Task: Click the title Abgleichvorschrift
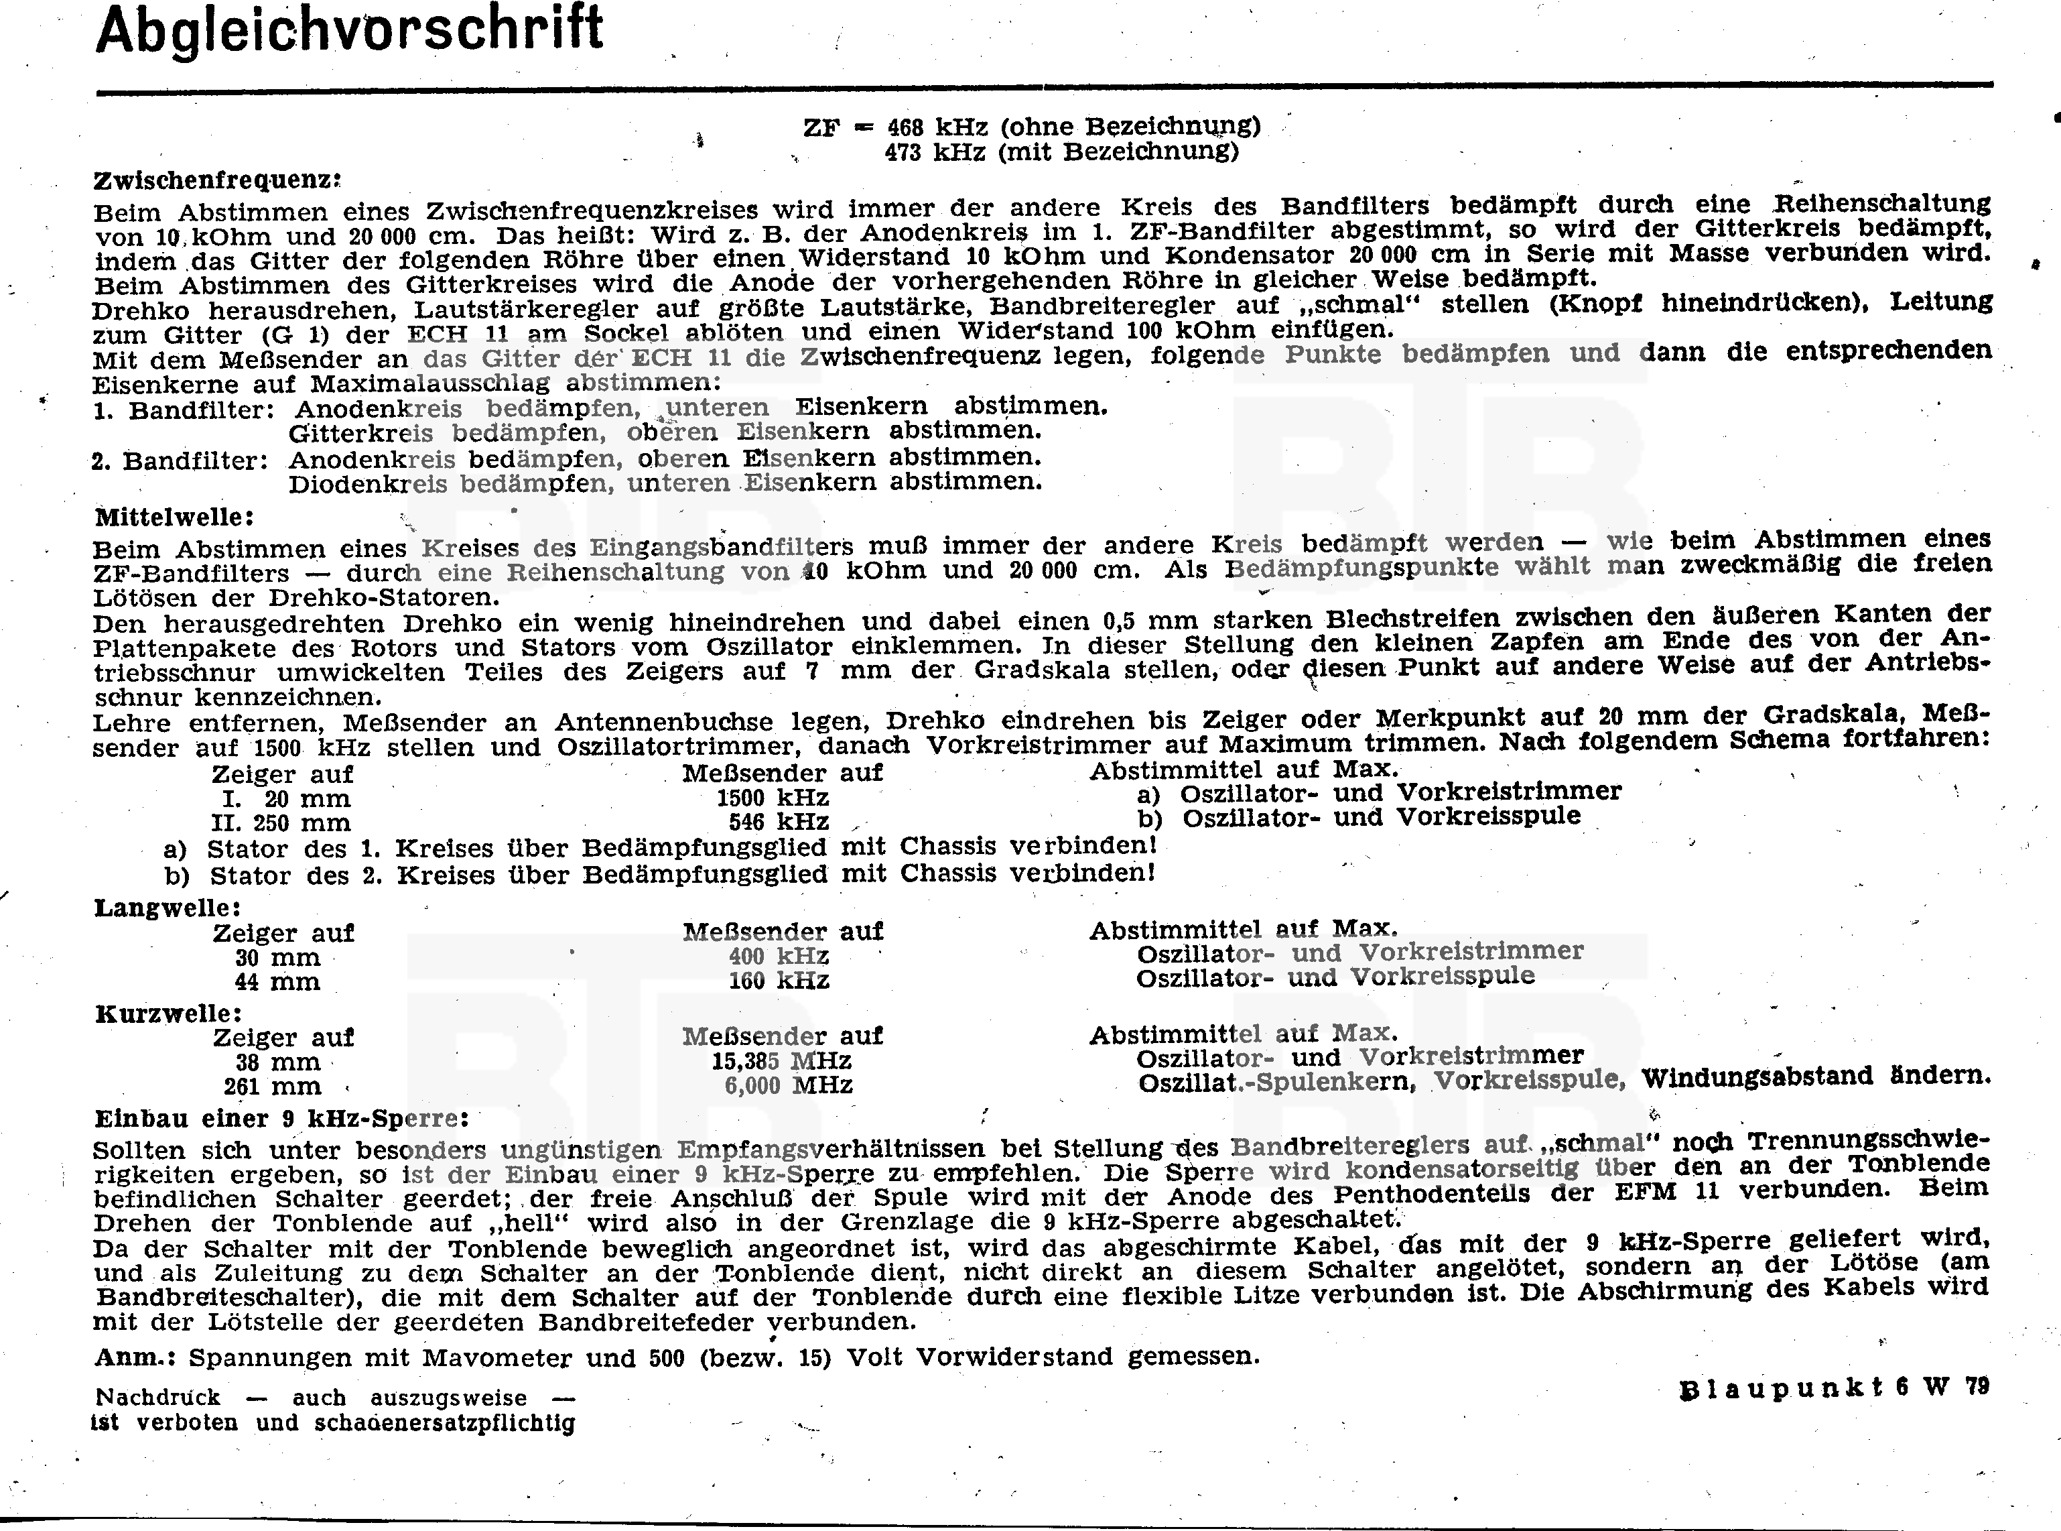coord(349,29)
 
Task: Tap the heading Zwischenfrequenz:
coord(218,179)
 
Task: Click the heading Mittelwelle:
coord(174,515)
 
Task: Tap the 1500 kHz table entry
coord(773,798)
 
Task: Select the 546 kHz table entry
coord(778,822)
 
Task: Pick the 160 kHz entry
coord(778,981)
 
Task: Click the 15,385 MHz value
coord(781,1060)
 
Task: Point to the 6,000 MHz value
coord(787,1085)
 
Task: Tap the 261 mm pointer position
coord(271,1086)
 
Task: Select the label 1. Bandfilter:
coord(184,409)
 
